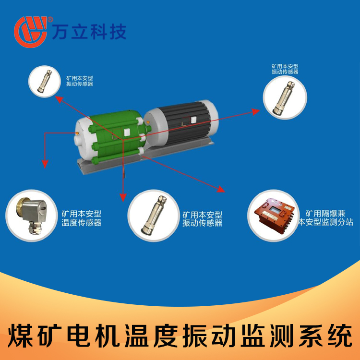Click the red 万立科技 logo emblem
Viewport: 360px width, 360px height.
[x=31, y=32]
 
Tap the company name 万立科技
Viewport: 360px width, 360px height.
[x=89, y=32]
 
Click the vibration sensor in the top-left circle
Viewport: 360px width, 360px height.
[x=45, y=81]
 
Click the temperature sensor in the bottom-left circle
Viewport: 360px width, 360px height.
[x=31, y=215]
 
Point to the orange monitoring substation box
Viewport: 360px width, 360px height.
[x=274, y=215]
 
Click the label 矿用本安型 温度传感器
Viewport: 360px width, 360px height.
[x=82, y=218]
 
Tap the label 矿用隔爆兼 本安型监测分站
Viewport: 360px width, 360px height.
[x=325, y=217]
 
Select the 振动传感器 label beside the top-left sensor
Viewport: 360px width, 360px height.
[x=80, y=84]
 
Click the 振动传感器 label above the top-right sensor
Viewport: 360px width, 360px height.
[x=285, y=72]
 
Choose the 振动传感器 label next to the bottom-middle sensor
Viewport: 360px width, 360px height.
[x=202, y=223]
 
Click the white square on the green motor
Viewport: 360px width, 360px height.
[x=127, y=132]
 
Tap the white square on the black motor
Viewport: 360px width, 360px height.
[x=193, y=120]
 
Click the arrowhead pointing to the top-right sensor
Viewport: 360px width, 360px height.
[x=256, y=111]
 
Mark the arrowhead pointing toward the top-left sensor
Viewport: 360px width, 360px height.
[x=59, y=99]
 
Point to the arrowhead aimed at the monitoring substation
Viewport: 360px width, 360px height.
[x=221, y=189]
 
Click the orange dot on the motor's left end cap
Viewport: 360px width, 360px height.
[x=77, y=133]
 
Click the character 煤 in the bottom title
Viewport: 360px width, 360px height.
[x=20, y=336]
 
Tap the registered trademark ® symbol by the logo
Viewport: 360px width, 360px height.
[x=50, y=19]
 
